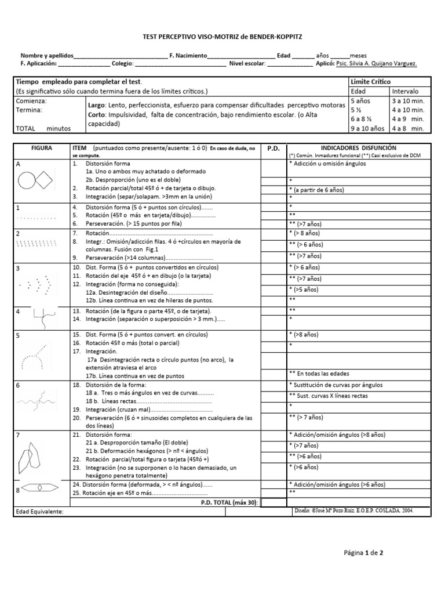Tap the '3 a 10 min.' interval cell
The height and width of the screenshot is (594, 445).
[x=408, y=101]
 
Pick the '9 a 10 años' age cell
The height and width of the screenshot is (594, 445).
[x=368, y=128]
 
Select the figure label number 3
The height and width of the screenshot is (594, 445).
[x=18, y=268]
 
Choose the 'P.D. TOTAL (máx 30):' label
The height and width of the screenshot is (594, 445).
[x=230, y=502]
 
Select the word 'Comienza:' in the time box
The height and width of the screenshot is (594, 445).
[x=32, y=100]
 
